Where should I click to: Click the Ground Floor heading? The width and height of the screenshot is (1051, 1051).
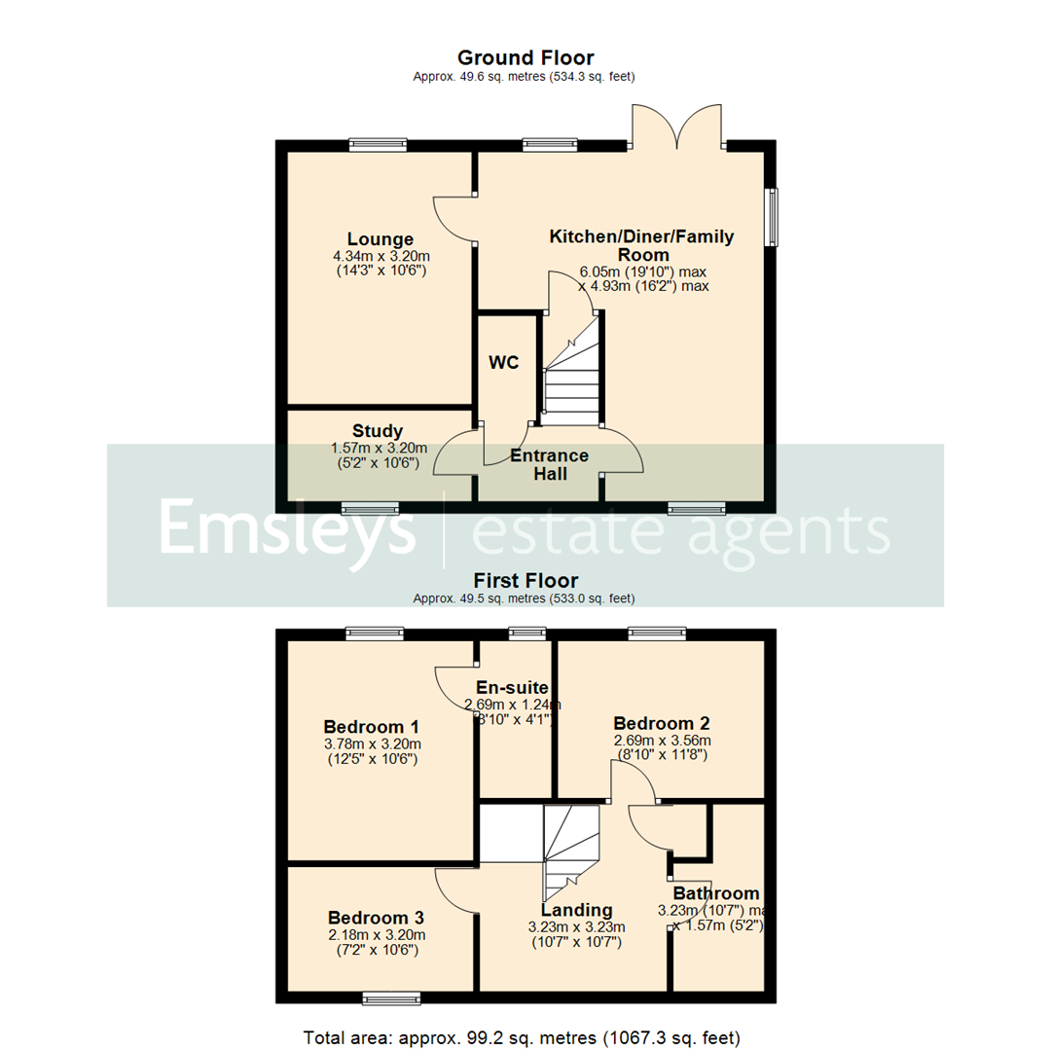525,58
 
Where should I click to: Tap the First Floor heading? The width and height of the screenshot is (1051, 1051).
525,581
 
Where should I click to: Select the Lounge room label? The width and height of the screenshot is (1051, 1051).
381,239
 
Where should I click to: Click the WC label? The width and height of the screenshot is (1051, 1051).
504,363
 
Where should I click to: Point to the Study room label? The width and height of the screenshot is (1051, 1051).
378,431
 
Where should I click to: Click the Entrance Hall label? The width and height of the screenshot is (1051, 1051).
550,464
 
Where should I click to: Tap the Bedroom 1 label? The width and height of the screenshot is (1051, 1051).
371,727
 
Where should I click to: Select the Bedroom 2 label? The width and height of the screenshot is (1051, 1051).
661,723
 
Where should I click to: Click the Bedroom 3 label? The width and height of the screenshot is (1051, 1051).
376,918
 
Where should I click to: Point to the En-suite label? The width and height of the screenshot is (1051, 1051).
513,687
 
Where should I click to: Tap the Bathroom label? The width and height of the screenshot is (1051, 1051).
716,893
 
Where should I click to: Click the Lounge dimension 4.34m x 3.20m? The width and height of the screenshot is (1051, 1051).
381,257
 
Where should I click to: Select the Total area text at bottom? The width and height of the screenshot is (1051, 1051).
525,1036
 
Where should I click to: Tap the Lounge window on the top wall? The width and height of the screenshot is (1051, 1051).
379,145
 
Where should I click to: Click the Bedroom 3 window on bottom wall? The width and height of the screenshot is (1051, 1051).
392,997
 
